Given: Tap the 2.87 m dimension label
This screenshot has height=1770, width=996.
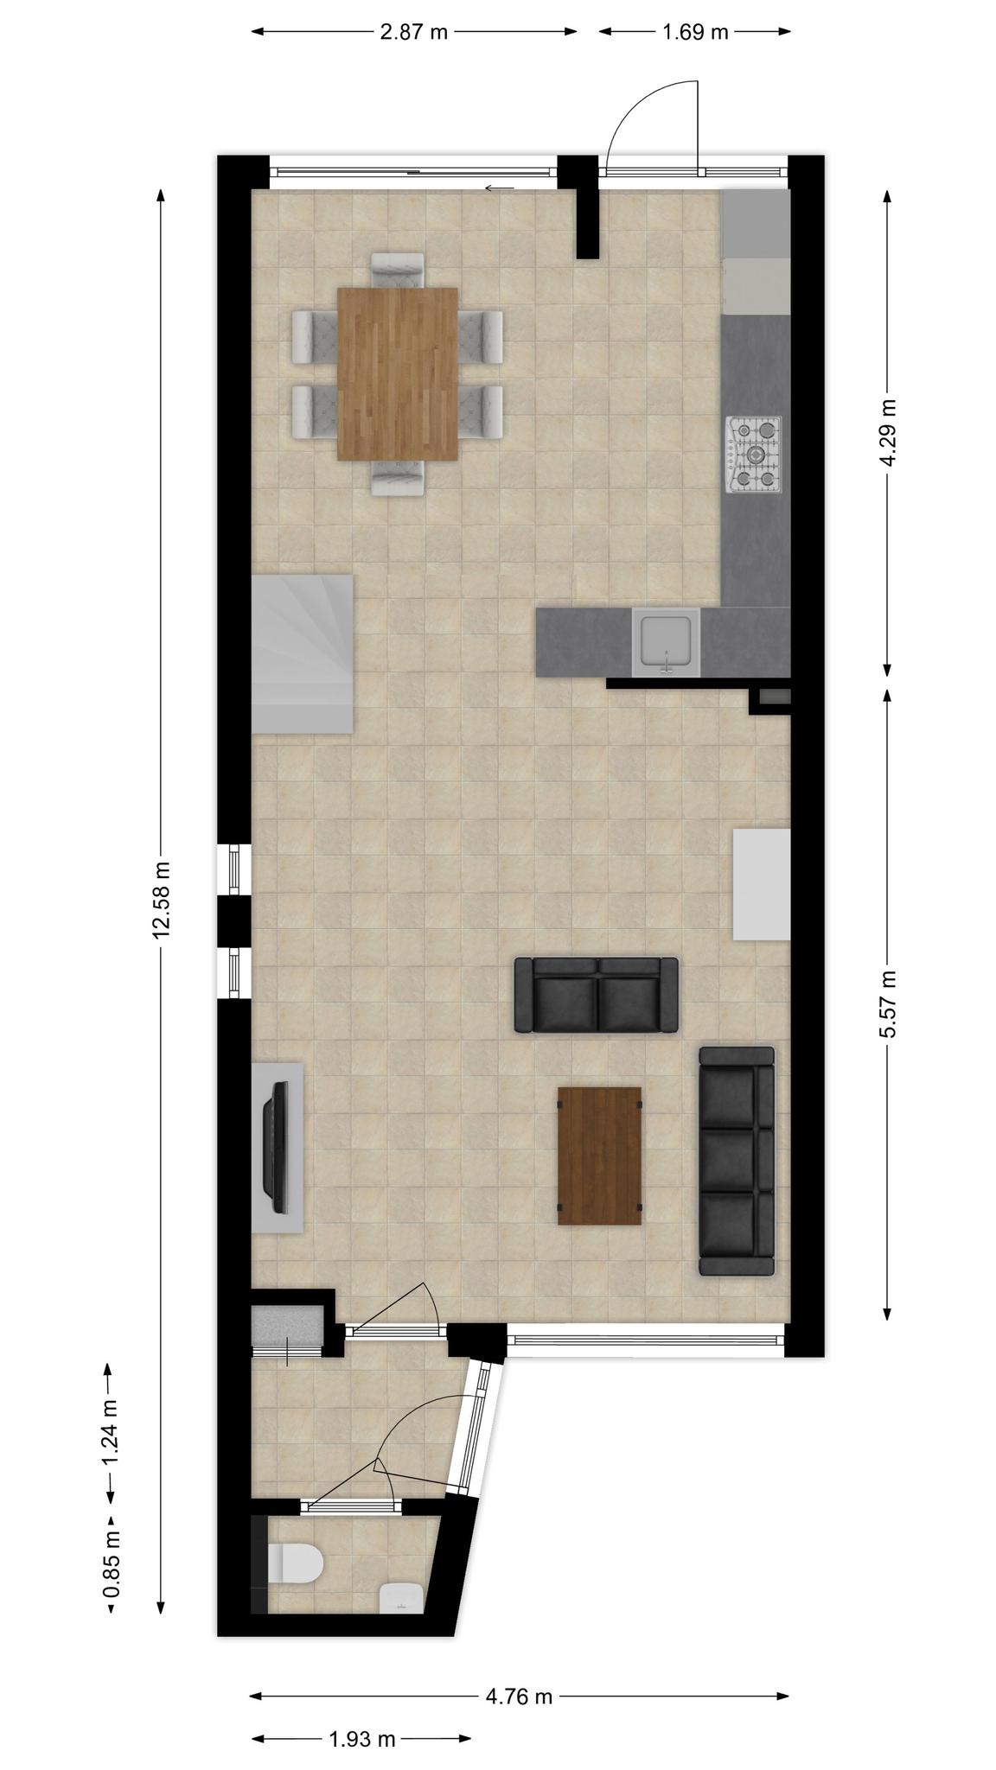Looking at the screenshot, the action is point(415,33).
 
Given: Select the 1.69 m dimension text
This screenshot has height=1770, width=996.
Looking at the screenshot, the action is point(695,33).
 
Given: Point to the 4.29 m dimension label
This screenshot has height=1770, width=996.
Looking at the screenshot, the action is point(887,432).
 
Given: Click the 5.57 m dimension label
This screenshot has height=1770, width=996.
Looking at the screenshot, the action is point(887,1007).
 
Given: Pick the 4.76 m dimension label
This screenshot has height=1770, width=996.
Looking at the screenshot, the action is point(519,1696).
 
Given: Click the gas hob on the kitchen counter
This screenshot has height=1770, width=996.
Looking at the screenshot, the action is point(754,455).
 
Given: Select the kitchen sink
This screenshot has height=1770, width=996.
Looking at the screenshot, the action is point(665,641).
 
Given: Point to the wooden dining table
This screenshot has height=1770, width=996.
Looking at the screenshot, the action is point(398,373).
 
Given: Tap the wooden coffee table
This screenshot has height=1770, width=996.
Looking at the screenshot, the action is point(599,1156).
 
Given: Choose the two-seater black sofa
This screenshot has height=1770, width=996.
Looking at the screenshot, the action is point(597,995).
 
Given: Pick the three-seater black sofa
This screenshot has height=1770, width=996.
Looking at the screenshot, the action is point(737,1162).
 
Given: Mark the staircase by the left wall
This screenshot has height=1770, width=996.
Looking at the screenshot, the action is point(302,654).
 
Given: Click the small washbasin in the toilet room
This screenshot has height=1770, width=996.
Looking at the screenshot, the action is point(401,1597).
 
